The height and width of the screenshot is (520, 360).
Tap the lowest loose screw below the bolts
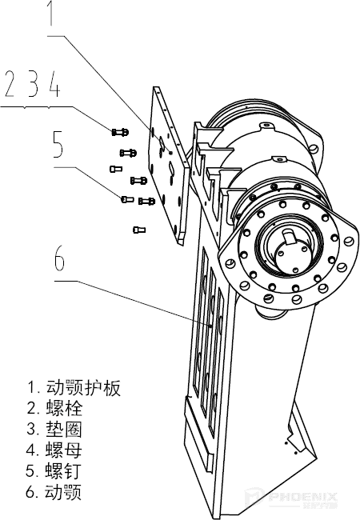coord(138,230)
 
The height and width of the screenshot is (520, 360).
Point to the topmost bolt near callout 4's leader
coord(121,131)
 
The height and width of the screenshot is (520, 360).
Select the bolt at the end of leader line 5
coord(127,198)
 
